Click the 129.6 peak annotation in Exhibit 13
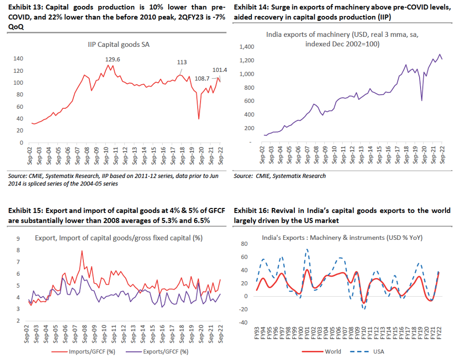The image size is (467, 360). click(x=113, y=59)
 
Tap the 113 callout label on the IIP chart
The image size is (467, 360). click(x=182, y=62)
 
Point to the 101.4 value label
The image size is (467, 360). click(x=219, y=70)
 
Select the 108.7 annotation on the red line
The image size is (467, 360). click(x=201, y=78)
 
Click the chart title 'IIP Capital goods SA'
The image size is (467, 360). click(x=119, y=44)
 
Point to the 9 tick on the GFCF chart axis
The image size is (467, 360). click(x=18, y=238)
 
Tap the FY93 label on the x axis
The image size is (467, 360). click(x=257, y=333)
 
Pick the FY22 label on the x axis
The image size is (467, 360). click(x=440, y=333)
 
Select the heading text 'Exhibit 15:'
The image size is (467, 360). click(x=24, y=210)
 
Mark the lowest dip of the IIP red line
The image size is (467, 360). click(x=199, y=119)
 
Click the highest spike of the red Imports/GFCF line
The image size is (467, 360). click(x=82, y=251)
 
